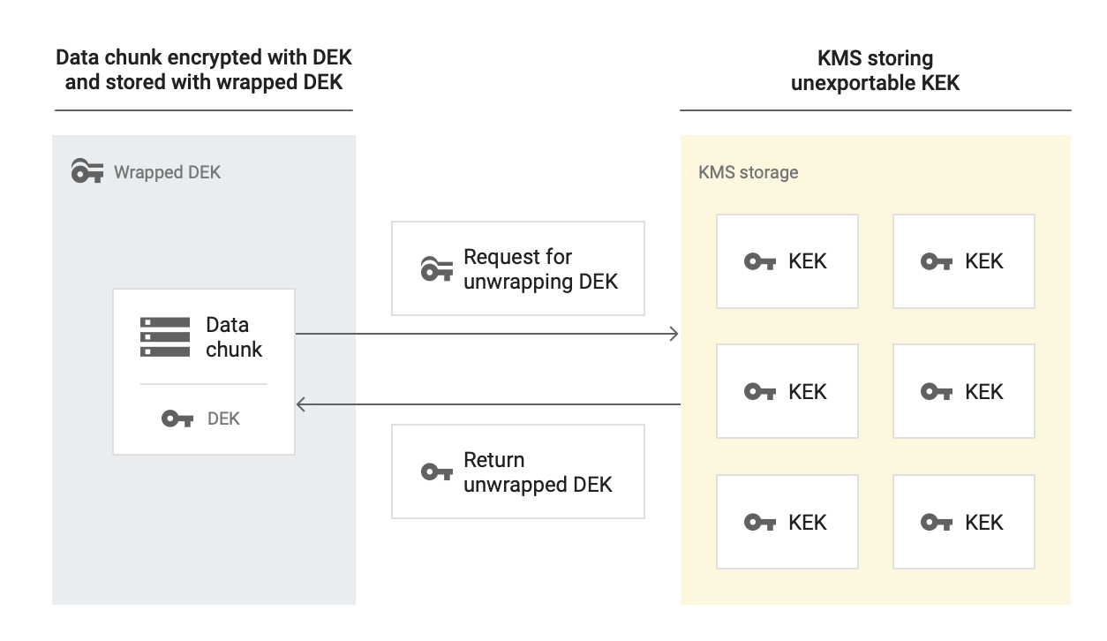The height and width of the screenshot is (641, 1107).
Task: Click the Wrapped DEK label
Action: (x=167, y=172)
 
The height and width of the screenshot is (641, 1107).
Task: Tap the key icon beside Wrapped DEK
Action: (x=87, y=171)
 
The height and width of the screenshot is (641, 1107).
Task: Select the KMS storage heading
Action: (x=748, y=172)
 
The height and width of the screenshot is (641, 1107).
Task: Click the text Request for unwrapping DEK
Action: (x=540, y=269)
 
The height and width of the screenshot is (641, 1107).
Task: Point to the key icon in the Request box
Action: (x=437, y=268)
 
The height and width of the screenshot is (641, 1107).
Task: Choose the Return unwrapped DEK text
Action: (x=537, y=472)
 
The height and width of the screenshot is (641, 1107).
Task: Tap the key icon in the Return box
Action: (x=437, y=472)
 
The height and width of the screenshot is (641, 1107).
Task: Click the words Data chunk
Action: (x=234, y=337)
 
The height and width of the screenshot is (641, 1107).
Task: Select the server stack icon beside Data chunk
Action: (x=165, y=337)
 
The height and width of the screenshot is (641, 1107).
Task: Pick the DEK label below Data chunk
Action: (x=223, y=419)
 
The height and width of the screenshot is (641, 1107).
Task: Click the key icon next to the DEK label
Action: (x=177, y=419)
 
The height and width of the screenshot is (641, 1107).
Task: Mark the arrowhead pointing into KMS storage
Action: (x=675, y=334)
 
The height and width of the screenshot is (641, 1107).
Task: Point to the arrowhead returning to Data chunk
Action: (x=301, y=404)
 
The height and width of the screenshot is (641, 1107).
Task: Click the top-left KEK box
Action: (x=787, y=261)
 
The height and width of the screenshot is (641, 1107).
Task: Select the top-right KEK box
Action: (x=963, y=261)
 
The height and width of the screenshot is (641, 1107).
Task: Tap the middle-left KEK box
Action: (x=787, y=391)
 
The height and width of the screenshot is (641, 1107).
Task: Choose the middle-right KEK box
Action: (x=963, y=391)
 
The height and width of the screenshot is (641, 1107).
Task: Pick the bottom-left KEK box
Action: (x=787, y=522)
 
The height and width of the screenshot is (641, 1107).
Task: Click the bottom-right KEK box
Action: (x=963, y=522)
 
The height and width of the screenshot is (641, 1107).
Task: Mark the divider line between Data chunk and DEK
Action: (x=204, y=384)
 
